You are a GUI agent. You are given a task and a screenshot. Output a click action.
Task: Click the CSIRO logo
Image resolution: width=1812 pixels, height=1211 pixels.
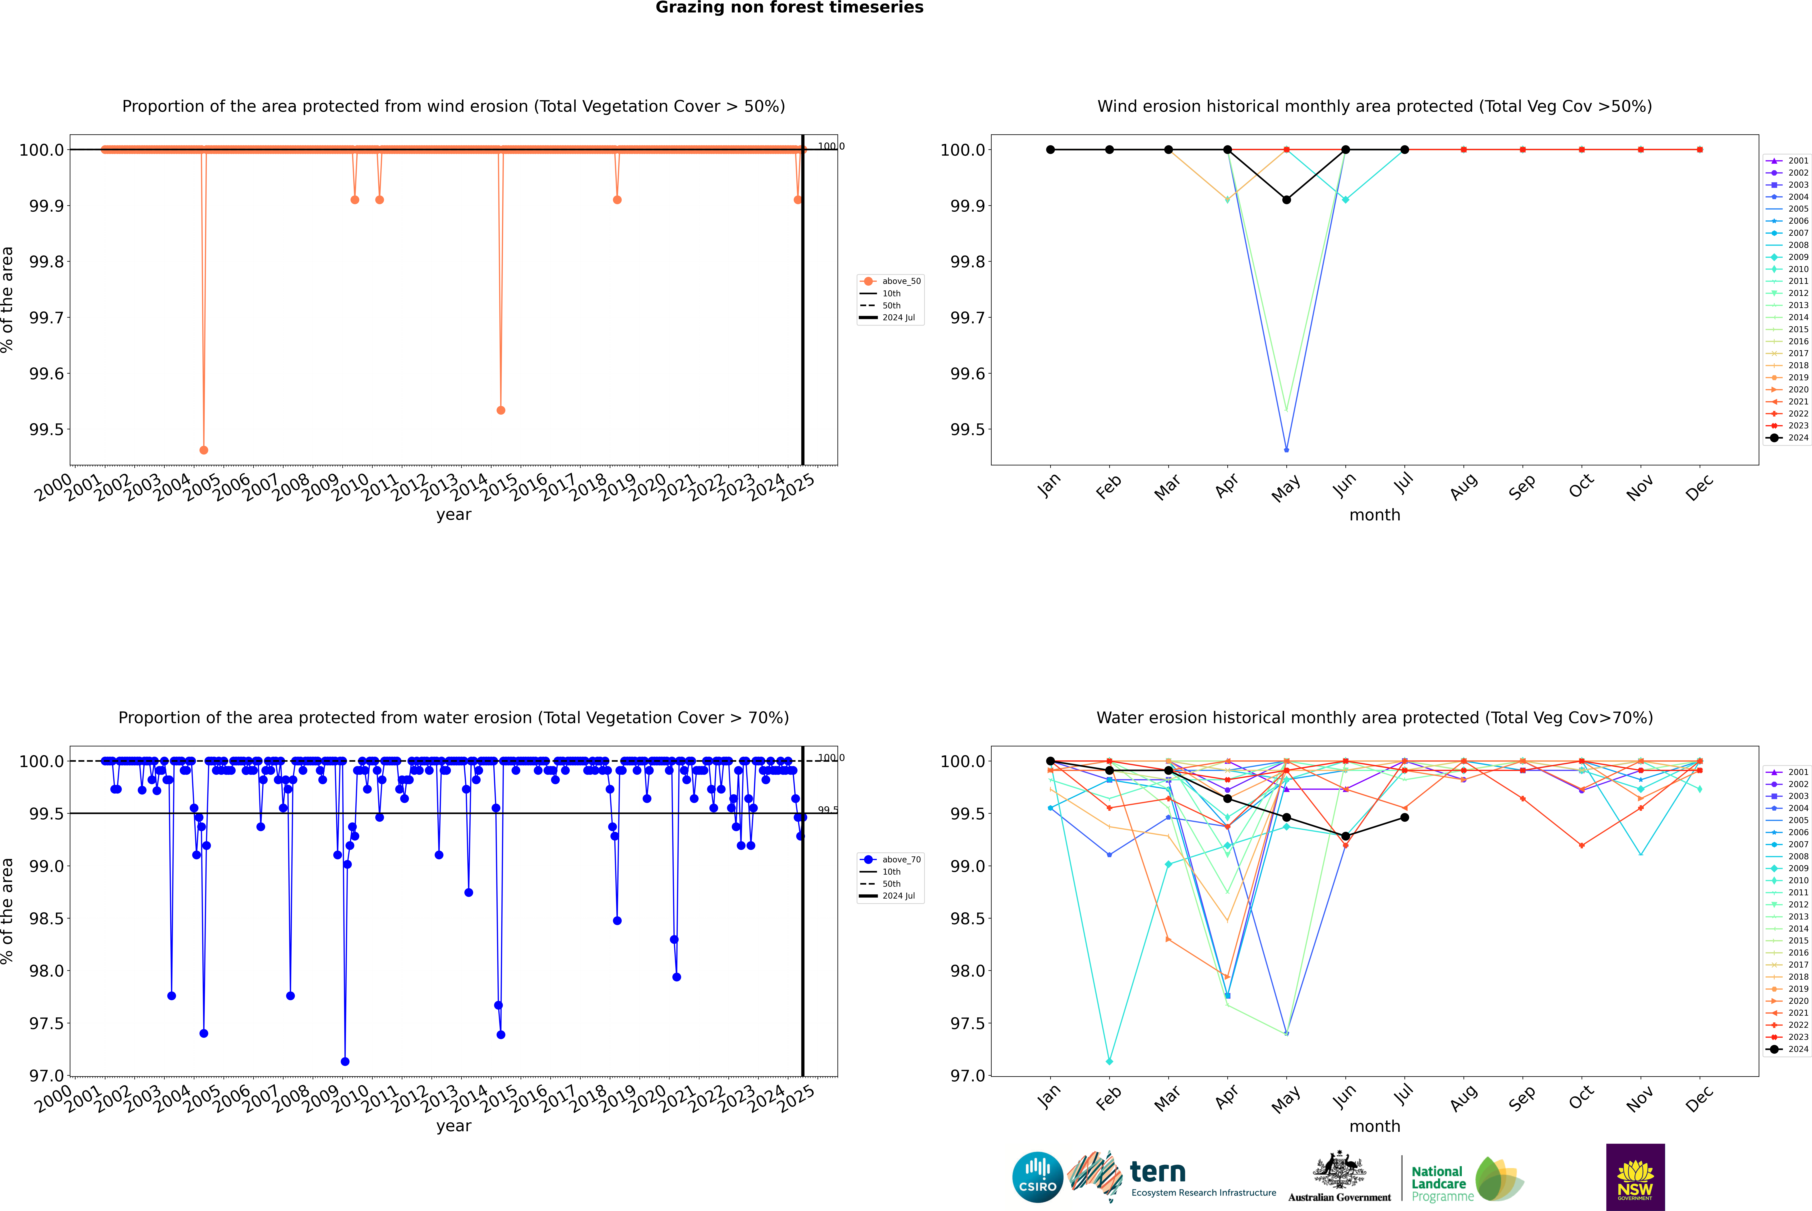(1037, 1177)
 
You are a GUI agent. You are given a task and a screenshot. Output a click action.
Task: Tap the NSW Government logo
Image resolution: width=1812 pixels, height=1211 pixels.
(1635, 1177)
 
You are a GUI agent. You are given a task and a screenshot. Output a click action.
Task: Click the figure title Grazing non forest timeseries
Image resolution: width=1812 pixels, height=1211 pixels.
(789, 8)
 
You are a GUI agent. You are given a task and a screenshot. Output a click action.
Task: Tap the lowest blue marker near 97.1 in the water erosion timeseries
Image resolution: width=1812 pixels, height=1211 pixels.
(345, 1061)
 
